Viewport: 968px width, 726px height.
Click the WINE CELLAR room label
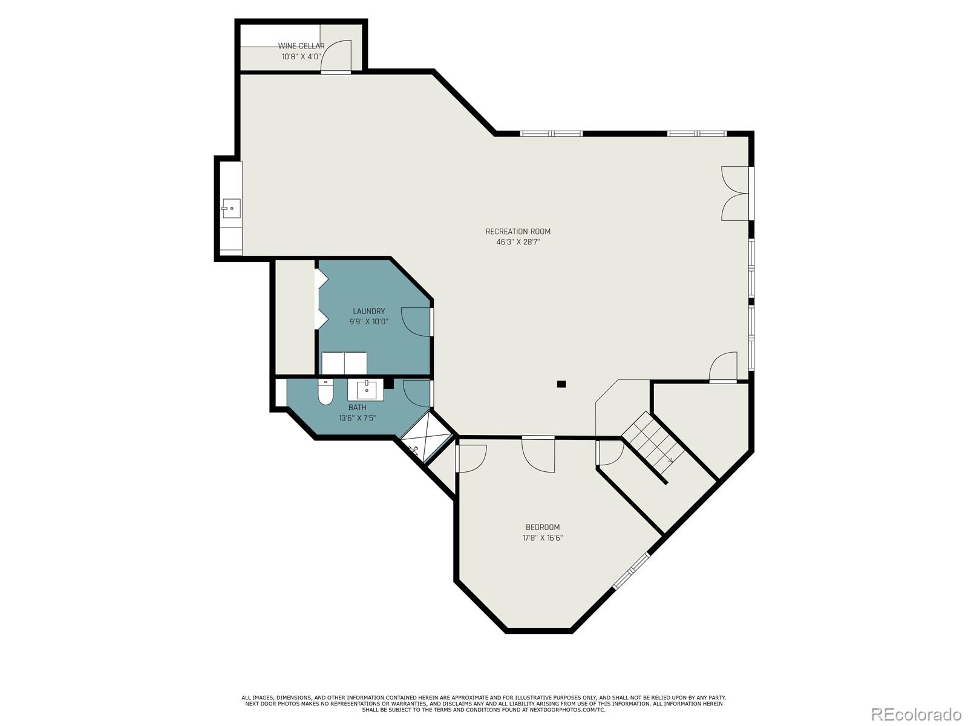pos(301,46)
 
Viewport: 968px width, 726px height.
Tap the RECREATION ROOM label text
pos(518,231)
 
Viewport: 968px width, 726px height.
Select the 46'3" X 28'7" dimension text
pos(518,242)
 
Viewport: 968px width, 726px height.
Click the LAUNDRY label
pos(368,311)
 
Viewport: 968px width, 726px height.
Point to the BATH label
pos(357,407)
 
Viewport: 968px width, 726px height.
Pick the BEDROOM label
pos(542,527)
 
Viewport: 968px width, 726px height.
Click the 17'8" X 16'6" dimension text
pos(542,538)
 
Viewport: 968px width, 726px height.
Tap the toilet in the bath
pos(325,392)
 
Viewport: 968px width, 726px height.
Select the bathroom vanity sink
pos(366,390)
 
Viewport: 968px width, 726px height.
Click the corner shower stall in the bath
pos(427,438)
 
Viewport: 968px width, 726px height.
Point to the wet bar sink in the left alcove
pos(231,208)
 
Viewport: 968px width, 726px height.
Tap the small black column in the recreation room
pos(561,384)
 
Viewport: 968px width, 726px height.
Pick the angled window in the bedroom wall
pos(632,570)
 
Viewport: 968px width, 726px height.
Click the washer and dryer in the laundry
pos(344,362)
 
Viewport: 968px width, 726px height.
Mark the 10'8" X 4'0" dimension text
pos(301,57)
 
